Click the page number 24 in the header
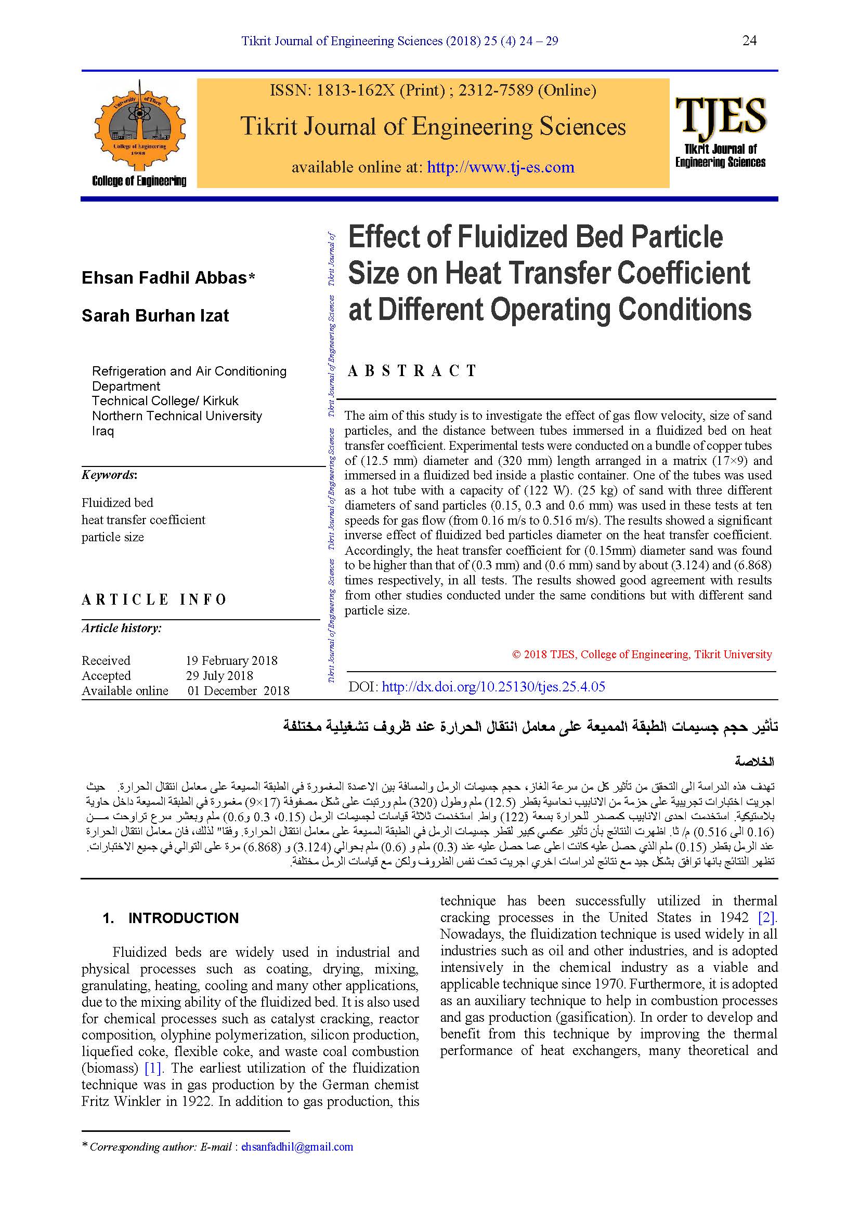pyautogui.click(x=749, y=41)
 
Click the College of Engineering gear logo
pyautogui.click(x=140, y=126)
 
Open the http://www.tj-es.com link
pyautogui.click(x=500, y=167)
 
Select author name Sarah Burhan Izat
pyautogui.click(x=155, y=315)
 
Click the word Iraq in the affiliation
pyautogui.click(x=103, y=431)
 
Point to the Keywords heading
pyautogui.click(x=109, y=475)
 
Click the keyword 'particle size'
pyautogui.click(x=113, y=537)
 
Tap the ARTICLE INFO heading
pyautogui.click(x=154, y=599)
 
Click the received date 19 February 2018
pyautogui.click(x=231, y=660)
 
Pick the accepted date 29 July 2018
pyautogui.click(x=219, y=676)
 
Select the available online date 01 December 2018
pyautogui.click(x=238, y=690)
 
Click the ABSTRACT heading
pyautogui.click(x=412, y=371)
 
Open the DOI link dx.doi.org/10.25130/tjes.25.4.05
pyautogui.click(x=493, y=687)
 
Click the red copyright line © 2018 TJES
pyautogui.click(x=642, y=655)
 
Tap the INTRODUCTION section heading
pyautogui.click(x=183, y=918)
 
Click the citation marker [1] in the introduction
pyautogui.click(x=153, y=1069)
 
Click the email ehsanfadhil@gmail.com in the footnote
pyautogui.click(x=297, y=1147)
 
